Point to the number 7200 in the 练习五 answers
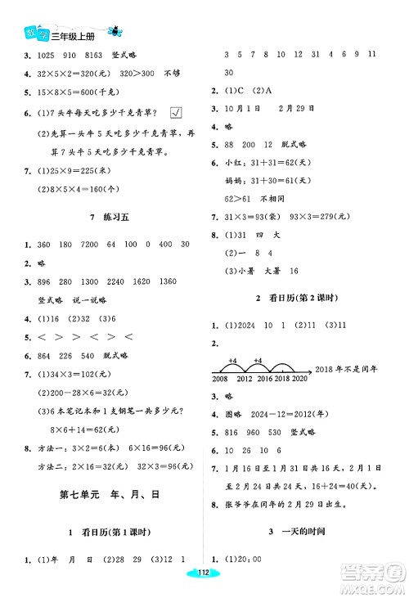(x=86, y=244)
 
